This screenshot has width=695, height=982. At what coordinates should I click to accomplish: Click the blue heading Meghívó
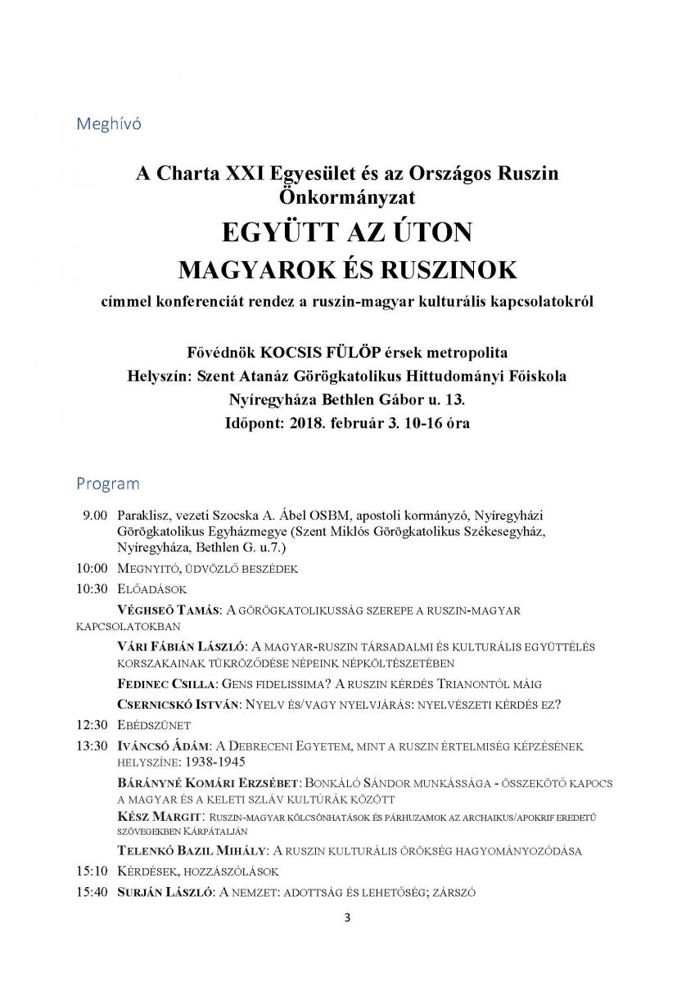[109, 124]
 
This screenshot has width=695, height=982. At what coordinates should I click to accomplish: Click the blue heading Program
[108, 484]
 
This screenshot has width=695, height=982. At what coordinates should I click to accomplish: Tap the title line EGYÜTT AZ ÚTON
[347, 233]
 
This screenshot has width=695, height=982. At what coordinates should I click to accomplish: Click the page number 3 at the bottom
[347, 917]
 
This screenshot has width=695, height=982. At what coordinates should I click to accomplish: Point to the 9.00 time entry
[95, 516]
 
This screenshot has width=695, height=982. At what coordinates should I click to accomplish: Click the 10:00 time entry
[92, 568]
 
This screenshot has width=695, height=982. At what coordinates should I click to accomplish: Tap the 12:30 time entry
[92, 724]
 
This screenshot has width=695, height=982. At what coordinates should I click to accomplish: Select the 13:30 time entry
[92, 746]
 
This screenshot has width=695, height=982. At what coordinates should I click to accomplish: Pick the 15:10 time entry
[92, 871]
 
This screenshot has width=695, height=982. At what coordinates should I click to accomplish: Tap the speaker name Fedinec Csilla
[167, 683]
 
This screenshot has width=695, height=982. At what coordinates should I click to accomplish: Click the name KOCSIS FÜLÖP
[327, 353]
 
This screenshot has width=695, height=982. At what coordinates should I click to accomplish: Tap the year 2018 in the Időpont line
[305, 424]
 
